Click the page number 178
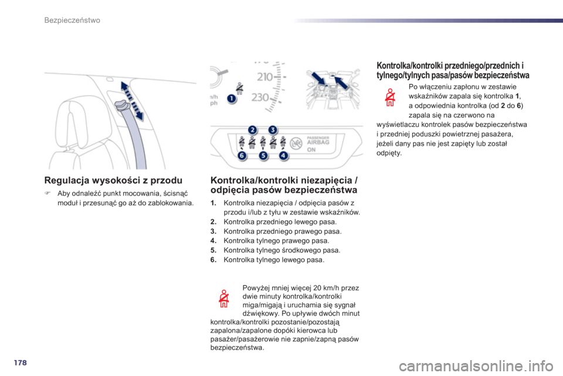[x=21, y=362]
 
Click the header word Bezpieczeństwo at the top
[x=72, y=20]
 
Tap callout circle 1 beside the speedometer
[x=232, y=99]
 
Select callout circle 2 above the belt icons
[x=252, y=130]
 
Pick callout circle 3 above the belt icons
[x=273, y=130]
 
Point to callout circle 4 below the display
[x=284, y=156]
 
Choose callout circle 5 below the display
[x=263, y=156]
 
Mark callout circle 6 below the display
[x=242, y=156]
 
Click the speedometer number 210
[x=265, y=76]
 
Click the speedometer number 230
[x=260, y=97]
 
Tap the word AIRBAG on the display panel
[x=318, y=142]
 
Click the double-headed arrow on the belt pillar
[x=132, y=100]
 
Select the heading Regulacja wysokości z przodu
[x=113, y=180]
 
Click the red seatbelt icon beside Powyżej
[x=224, y=298]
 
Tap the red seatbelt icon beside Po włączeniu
[x=390, y=97]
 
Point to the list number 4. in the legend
[x=213, y=241]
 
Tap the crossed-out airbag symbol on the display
[x=296, y=143]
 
